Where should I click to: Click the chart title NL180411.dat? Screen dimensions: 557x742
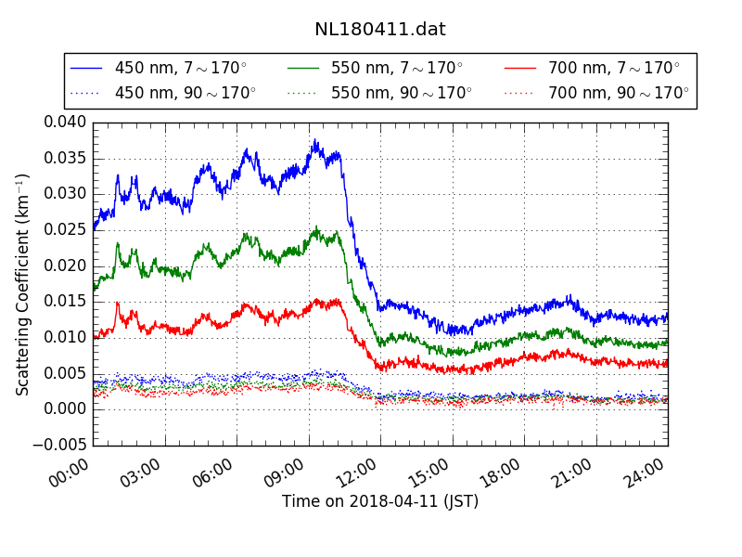click(x=380, y=29)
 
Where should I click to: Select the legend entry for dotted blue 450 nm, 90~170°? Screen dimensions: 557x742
click(x=162, y=93)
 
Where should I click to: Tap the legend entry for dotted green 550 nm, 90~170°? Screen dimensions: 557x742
click(x=379, y=93)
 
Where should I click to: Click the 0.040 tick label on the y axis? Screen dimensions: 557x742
click(x=65, y=122)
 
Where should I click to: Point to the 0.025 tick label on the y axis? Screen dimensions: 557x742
click(x=65, y=229)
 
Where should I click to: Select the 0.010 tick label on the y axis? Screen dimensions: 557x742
click(x=65, y=337)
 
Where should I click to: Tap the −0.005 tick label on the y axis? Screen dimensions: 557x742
click(x=60, y=445)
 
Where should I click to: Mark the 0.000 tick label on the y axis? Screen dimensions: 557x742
click(x=65, y=408)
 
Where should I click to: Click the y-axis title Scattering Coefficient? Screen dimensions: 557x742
click(x=23, y=283)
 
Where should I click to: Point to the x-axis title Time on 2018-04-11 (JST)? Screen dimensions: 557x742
click(x=380, y=501)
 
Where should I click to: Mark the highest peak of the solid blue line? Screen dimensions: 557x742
click(x=315, y=140)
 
